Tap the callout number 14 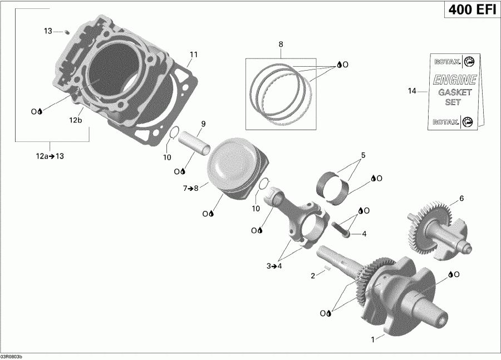pyautogui.click(x=412, y=91)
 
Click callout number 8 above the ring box pyautogui.click(x=281, y=43)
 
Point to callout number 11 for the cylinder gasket pyautogui.click(x=194, y=55)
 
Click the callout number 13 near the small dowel pyautogui.click(x=48, y=31)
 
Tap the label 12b pyautogui.click(x=76, y=120)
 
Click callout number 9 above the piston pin pyautogui.click(x=203, y=124)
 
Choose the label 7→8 pyautogui.click(x=191, y=189)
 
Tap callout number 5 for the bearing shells pyautogui.click(x=363, y=155)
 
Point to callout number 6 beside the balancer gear pyautogui.click(x=461, y=198)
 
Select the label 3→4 pyautogui.click(x=274, y=267)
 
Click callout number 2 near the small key pyautogui.click(x=313, y=275)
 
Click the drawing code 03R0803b pyautogui.click(x=16, y=356)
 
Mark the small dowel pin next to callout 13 pyautogui.click(x=66, y=32)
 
